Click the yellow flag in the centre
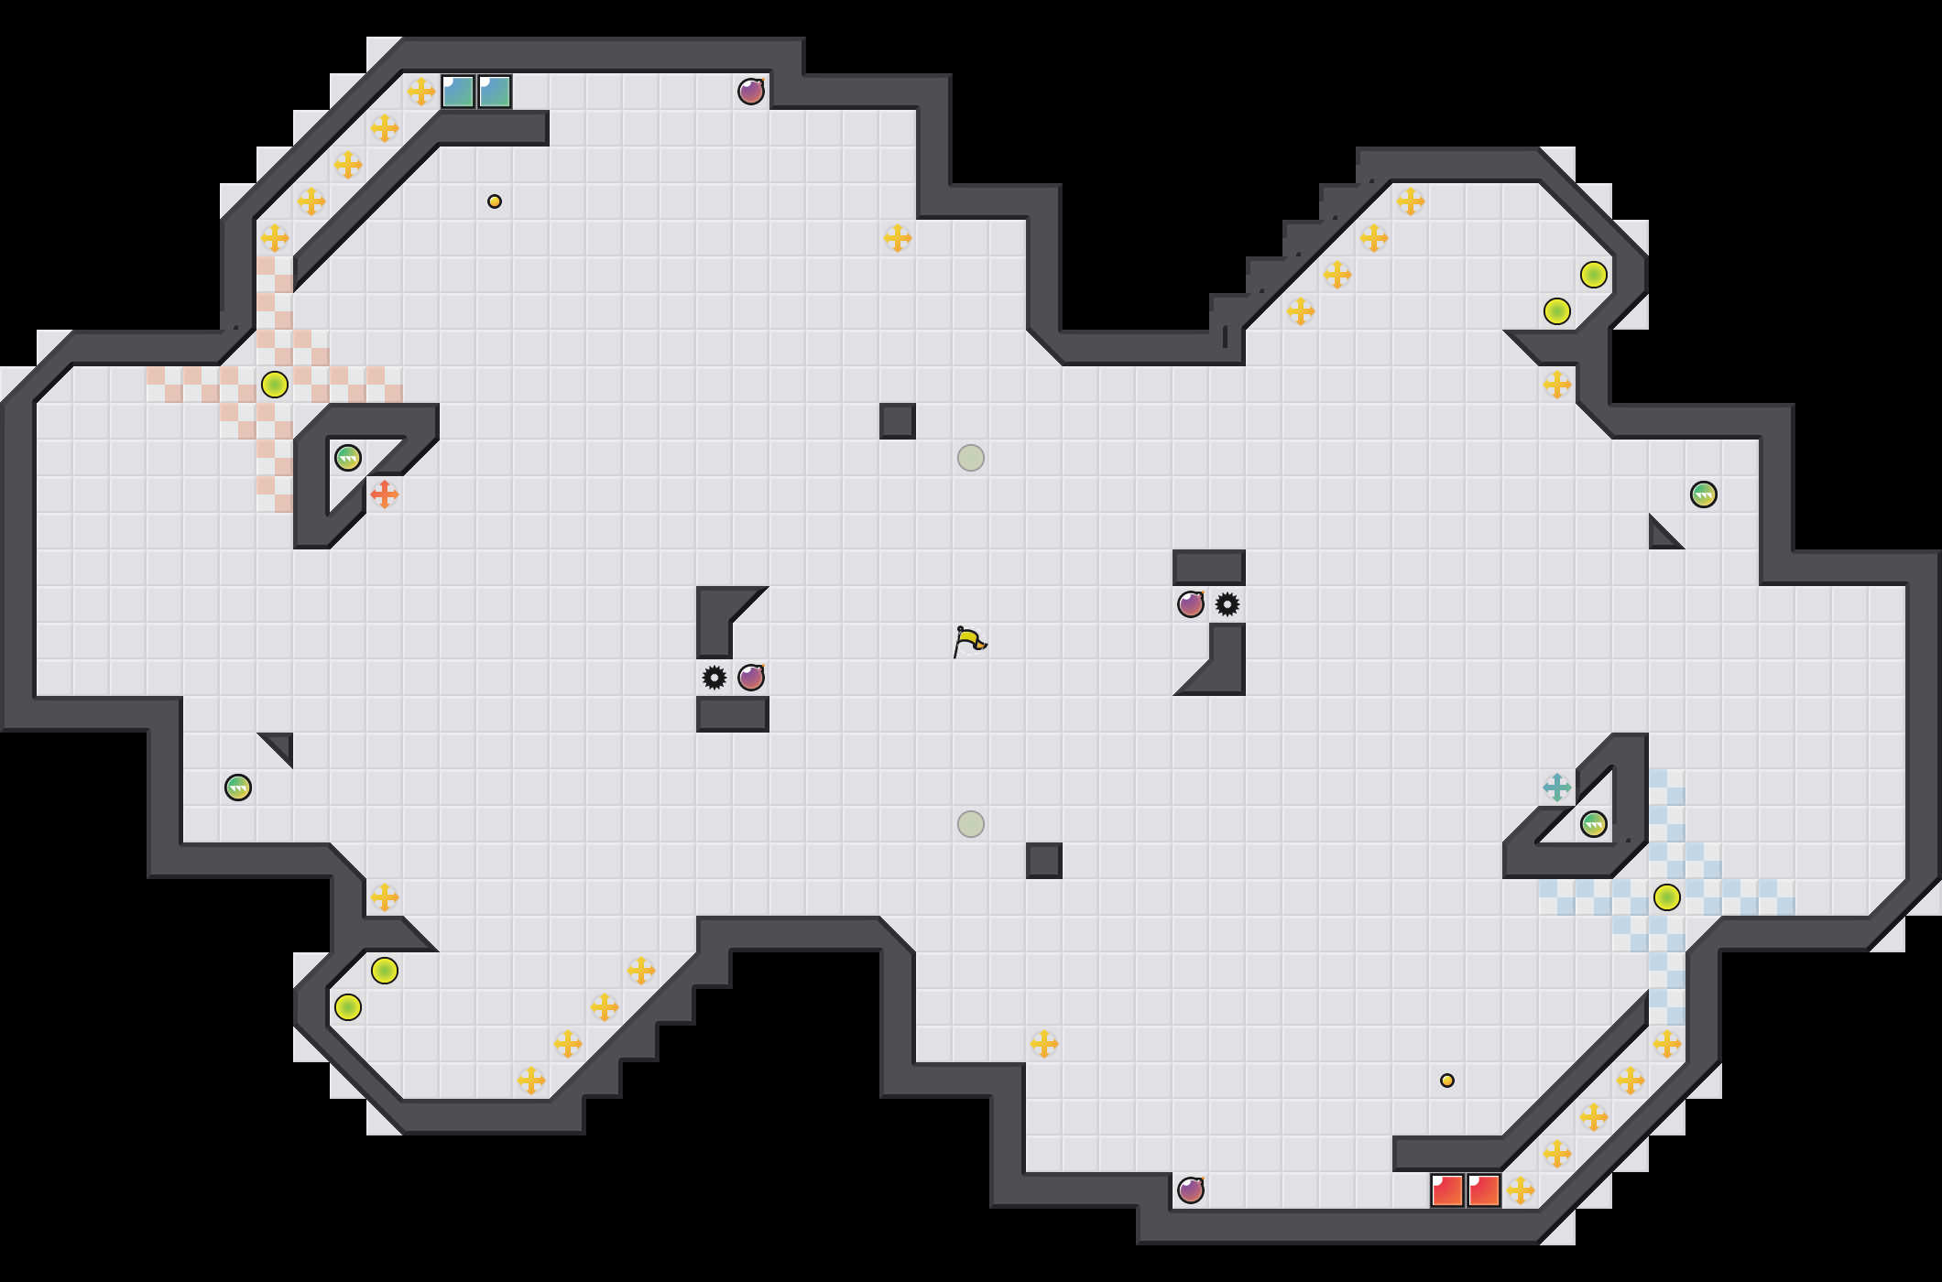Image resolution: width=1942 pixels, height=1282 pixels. coord(969,641)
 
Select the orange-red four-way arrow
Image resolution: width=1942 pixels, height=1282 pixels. coord(385,494)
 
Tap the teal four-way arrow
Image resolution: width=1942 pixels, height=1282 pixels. coord(1557,788)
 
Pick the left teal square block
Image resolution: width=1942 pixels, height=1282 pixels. coord(458,92)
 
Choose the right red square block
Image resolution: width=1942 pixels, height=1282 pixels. coord(1484,1190)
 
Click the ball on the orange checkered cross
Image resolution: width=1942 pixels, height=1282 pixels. coord(275,385)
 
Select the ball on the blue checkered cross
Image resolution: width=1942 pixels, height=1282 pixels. coord(1667,897)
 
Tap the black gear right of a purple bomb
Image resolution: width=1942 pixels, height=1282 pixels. coord(1227,604)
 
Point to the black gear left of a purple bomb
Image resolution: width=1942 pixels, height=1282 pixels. coord(715,678)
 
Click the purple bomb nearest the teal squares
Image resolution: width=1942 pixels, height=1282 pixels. coord(751,92)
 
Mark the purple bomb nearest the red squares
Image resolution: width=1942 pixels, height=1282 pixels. coord(1191,1190)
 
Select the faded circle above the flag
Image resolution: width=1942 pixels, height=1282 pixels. coord(971,458)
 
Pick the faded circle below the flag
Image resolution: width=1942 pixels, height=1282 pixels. coord(971,824)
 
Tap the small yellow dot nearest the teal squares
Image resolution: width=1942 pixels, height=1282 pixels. coord(495,201)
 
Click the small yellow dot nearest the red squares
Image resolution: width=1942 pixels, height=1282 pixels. coord(1447,1081)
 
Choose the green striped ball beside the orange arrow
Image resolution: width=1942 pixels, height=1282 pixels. coord(348,458)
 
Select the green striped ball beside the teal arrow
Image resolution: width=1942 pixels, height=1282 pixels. coord(1594,824)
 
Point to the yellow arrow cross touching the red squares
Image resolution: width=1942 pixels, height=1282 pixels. coord(1521,1190)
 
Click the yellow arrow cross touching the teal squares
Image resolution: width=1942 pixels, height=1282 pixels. coord(421,92)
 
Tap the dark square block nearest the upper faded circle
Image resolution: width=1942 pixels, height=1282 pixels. coord(898,421)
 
